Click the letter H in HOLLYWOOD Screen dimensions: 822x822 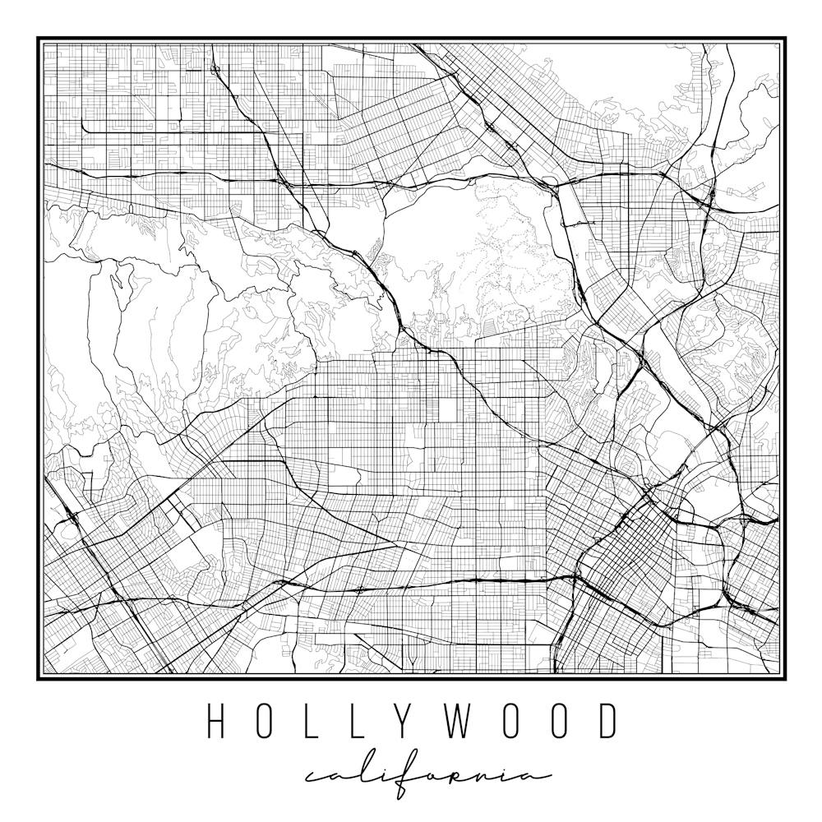(x=216, y=722)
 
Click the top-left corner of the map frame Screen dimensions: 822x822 (x=38, y=38)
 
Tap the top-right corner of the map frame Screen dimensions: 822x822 (x=785, y=38)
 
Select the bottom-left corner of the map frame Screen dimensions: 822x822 (x=38, y=679)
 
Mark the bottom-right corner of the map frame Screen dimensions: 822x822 (x=785, y=679)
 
